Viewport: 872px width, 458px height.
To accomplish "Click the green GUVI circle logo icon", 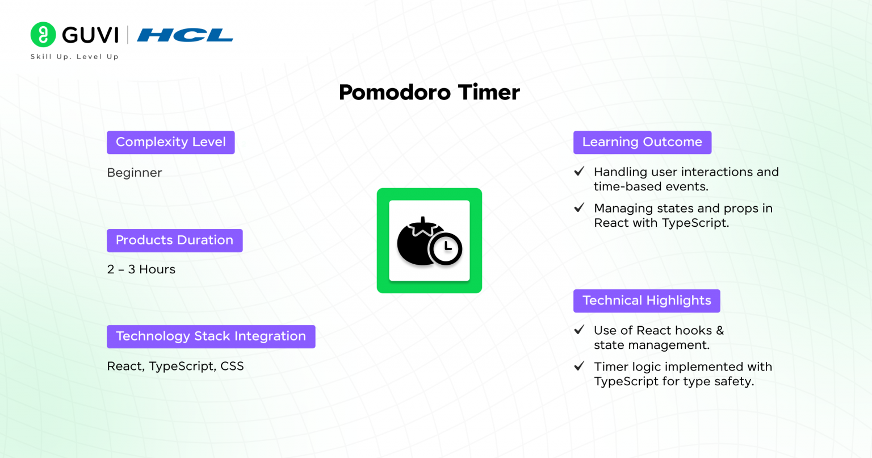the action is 43,34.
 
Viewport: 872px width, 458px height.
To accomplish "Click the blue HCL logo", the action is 185,35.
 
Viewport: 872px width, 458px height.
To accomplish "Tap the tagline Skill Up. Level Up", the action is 74,56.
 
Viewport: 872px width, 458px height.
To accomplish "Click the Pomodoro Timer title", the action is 429,93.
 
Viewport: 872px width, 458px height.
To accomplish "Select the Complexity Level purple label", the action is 171,142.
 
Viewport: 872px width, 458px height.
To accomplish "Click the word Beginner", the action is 135,173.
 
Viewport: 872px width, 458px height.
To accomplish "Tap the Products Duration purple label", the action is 175,240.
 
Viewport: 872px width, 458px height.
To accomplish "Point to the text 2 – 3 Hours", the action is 141,269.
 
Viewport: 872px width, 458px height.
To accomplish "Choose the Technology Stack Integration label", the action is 211,336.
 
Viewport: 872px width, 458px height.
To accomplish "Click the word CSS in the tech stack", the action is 232,366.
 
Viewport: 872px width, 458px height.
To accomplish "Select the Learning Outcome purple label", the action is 642,142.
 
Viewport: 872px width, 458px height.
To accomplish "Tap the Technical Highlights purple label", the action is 647,301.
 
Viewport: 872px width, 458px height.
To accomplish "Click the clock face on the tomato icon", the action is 446,249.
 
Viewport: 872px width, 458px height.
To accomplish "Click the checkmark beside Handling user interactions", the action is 579,171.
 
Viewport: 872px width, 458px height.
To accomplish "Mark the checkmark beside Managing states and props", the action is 579,207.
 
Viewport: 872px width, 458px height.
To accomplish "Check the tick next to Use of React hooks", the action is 579,330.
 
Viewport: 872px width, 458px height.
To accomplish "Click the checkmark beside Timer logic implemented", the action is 579,366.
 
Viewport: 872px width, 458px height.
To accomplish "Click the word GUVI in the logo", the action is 90,35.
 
